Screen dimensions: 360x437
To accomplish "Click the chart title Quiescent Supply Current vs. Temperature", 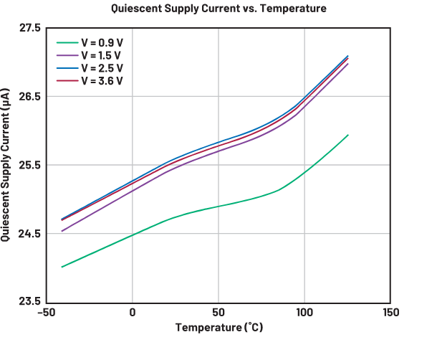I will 218,9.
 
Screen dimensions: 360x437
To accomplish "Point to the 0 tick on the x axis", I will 133,313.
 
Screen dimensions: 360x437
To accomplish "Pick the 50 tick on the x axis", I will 218,313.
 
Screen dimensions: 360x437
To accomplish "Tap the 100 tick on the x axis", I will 304,313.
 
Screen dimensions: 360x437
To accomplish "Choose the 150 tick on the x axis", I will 391,313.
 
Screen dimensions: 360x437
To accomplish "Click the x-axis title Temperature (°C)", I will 218,328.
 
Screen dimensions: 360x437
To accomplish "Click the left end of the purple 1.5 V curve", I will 62,231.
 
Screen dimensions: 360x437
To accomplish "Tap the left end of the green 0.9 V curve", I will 62,267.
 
